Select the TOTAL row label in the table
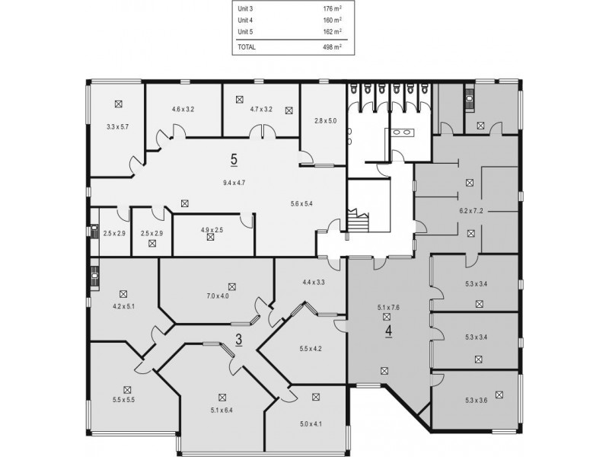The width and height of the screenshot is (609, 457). coord(248,47)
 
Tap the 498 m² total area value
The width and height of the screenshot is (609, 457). coord(332,47)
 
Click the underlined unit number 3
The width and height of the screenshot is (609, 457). coord(238,340)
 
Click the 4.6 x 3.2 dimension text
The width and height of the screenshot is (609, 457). coord(183,110)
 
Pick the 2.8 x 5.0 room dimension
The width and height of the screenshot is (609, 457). coord(325,120)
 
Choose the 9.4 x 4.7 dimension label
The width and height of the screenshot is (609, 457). coord(234,183)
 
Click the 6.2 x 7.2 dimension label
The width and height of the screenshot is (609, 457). coord(471,211)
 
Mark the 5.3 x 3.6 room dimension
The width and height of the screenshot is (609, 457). coord(477,401)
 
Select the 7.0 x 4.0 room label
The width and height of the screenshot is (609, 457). coord(218,296)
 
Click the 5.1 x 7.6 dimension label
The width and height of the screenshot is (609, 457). coord(388,308)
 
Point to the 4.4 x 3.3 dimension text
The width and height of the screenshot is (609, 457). coord(314,283)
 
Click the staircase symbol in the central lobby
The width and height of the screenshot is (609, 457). coord(356,221)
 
